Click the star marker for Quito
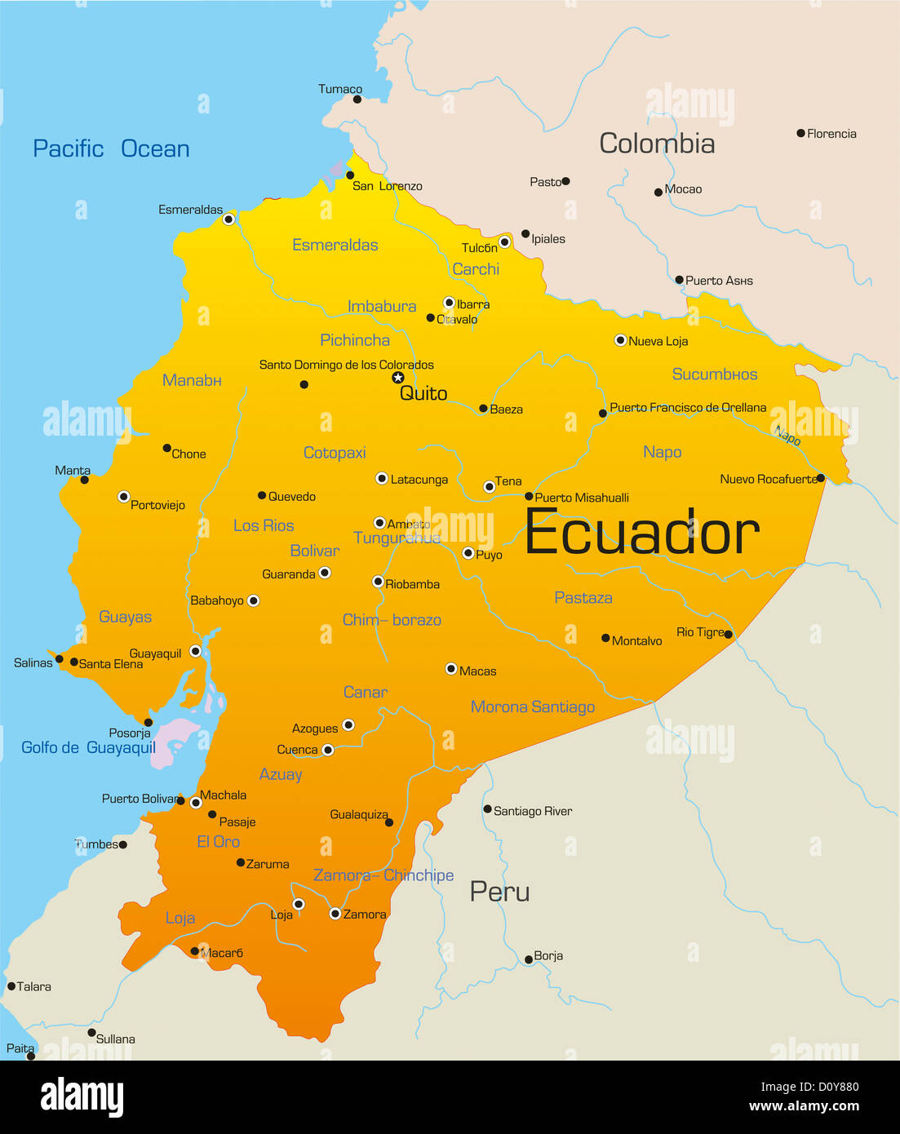(398, 377)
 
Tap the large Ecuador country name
(641, 533)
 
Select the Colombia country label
(657, 144)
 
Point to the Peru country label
(499, 892)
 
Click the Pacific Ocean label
(111, 148)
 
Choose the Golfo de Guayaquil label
(88, 747)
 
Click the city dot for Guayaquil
(195, 651)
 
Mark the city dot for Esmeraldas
(229, 219)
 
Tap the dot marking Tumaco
(357, 100)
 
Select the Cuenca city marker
(328, 750)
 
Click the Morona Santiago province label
(533, 707)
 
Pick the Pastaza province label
(583, 598)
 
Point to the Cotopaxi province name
(335, 453)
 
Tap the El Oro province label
(219, 841)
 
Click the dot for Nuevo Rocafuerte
(820, 478)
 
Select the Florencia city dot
(801, 133)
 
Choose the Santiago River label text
(533, 811)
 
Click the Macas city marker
(450, 669)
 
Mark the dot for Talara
(11, 986)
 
